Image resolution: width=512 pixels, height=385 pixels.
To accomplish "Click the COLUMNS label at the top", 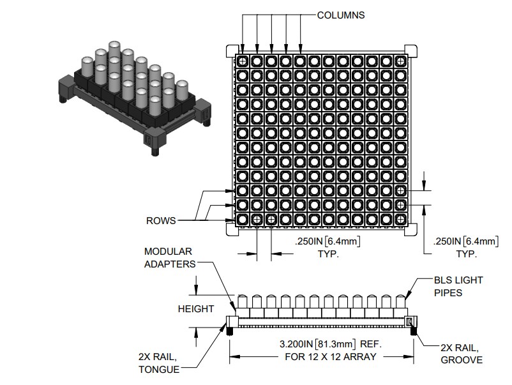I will point(341,15).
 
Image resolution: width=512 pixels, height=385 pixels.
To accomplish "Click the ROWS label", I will point(162,221).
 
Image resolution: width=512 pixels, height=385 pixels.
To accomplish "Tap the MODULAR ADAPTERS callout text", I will point(168,257).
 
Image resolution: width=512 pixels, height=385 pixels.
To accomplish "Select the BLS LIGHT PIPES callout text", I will point(458,285).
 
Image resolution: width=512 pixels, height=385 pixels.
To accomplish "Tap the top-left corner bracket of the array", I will point(232,50).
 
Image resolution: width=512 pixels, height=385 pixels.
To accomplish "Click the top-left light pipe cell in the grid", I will point(243,61).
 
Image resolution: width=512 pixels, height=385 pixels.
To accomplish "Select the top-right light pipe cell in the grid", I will point(400,61).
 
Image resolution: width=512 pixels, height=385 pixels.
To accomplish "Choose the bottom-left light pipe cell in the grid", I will point(243,219).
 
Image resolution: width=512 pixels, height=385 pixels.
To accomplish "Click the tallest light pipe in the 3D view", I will point(114,51).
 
